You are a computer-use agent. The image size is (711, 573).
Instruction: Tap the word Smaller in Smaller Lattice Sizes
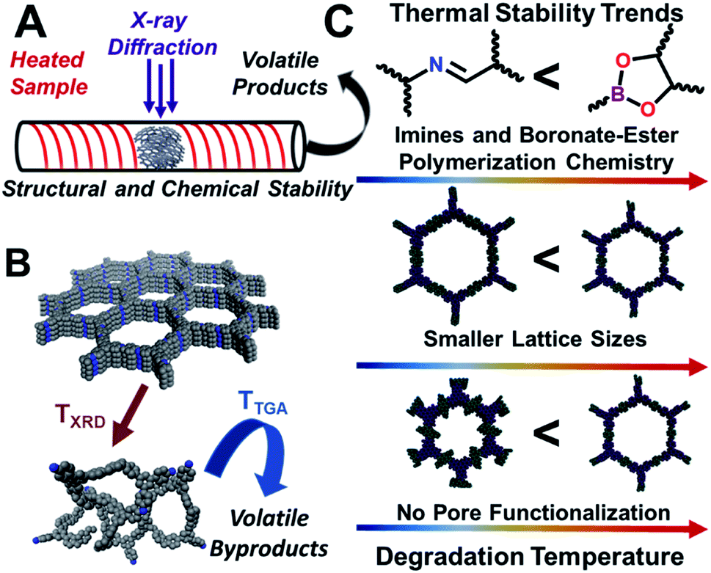click(x=460, y=339)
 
